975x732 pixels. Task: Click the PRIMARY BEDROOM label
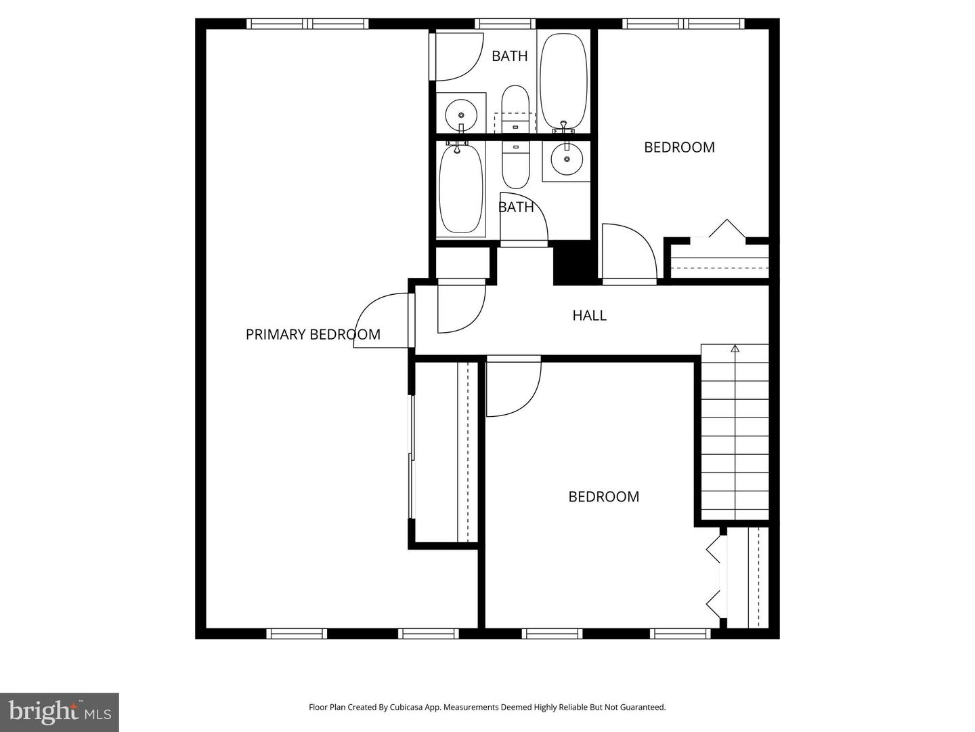tap(313, 334)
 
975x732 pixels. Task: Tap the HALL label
tap(589, 315)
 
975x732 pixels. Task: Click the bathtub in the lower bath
tap(460, 190)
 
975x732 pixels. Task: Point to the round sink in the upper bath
tap(461, 113)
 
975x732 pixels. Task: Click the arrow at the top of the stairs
tap(735, 349)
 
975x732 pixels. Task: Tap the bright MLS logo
tap(60, 712)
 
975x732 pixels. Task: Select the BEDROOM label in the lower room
tap(603, 497)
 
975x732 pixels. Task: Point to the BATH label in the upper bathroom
tap(509, 56)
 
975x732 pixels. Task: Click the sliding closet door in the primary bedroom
tap(411, 457)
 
